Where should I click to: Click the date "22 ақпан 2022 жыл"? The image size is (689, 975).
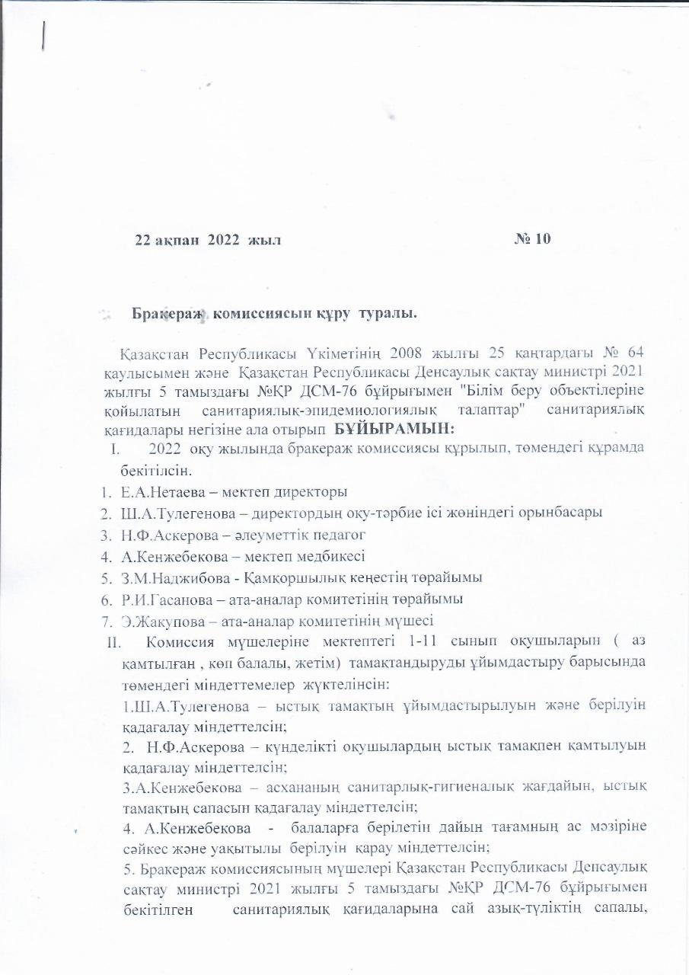pos(208,240)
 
